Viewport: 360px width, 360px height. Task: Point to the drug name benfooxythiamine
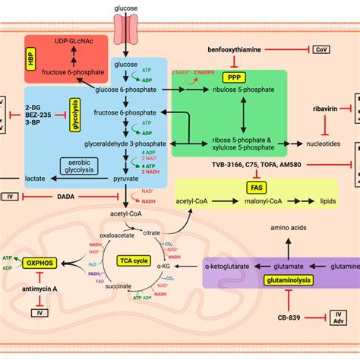point(238,49)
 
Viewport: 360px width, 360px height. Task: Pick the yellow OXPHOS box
point(42,264)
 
